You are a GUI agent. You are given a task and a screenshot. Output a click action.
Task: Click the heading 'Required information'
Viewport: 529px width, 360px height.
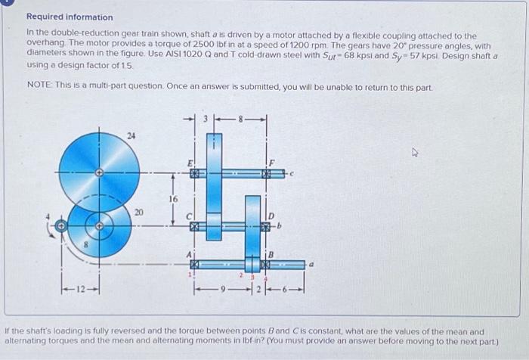(x=70, y=17)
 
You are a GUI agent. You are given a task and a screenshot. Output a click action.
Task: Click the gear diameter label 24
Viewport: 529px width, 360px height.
(x=131, y=137)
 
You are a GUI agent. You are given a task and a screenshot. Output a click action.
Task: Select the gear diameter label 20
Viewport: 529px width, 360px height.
(x=138, y=213)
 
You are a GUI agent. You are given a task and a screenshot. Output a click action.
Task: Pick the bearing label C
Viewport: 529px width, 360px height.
(x=190, y=214)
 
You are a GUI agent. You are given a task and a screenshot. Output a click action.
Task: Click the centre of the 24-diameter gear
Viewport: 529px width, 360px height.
(x=99, y=173)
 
